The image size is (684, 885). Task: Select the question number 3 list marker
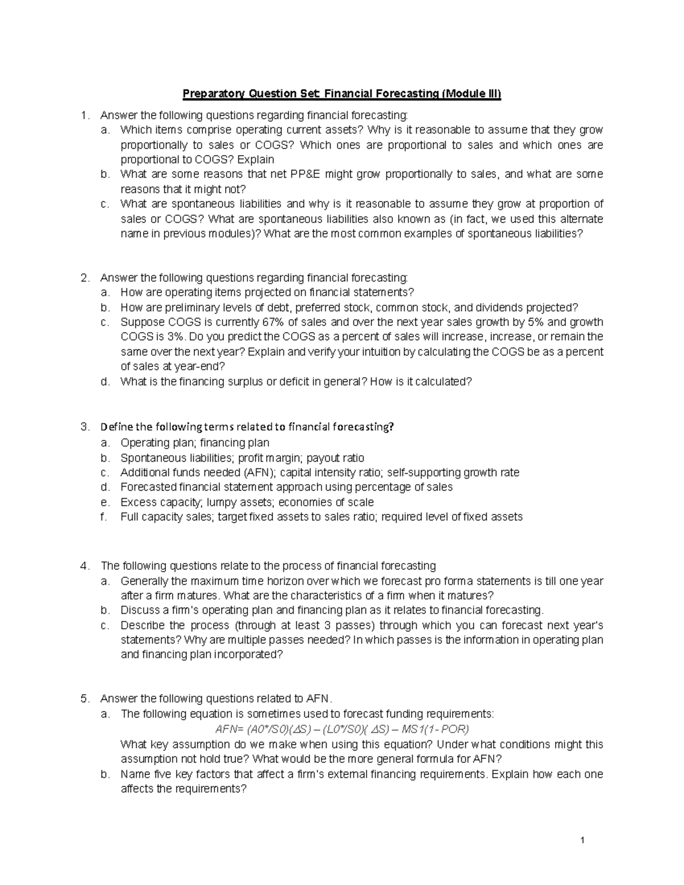(84, 427)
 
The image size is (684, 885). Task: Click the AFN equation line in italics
(342, 729)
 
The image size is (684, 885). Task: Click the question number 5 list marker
(84, 699)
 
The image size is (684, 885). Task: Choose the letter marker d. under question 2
(104, 382)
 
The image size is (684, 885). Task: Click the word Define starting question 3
(117, 427)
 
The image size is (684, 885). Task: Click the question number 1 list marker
(84, 116)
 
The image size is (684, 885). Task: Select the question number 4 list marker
(84, 566)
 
